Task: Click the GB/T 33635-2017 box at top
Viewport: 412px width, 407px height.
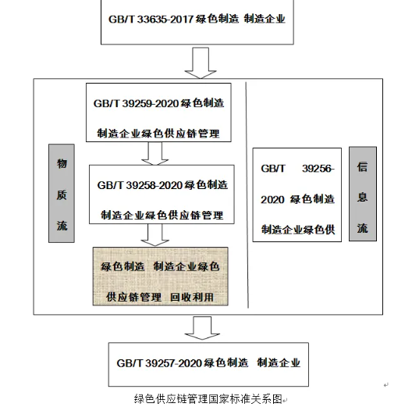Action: (201, 22)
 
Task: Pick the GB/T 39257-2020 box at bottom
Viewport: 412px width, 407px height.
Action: (208, 363)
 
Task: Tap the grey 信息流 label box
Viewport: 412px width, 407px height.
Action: (361, 195)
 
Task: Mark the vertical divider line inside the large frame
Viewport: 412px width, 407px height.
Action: (245, 195)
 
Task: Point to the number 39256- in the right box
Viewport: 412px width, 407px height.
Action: (318, 168)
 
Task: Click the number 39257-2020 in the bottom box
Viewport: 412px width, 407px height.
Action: (176, 362)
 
